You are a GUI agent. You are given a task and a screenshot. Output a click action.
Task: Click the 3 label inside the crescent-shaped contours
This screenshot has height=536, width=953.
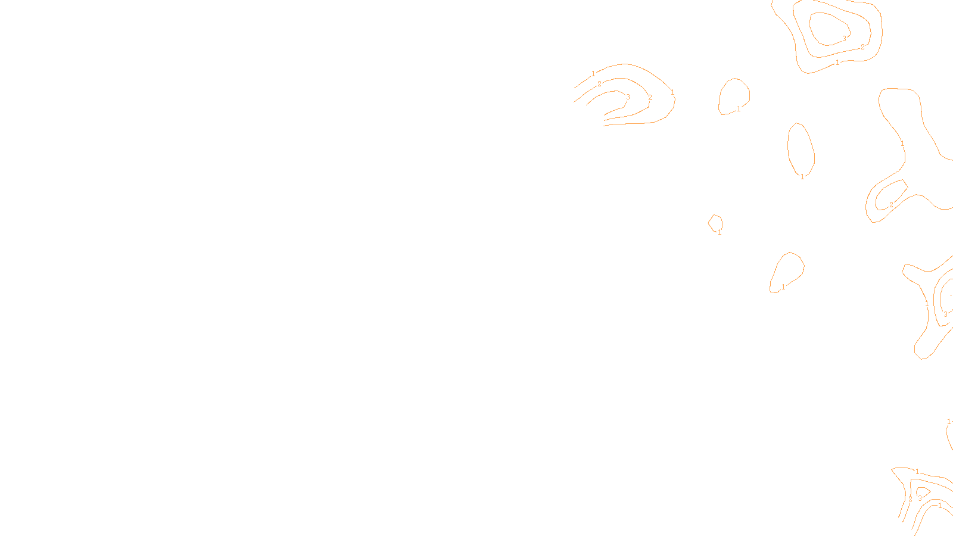[628, 97]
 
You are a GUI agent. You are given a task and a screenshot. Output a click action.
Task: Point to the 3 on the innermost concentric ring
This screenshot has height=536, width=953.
[844, 38]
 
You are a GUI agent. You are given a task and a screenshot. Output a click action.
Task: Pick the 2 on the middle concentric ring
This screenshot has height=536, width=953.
[862, 47]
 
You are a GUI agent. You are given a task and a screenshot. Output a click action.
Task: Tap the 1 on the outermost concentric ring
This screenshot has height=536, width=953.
[837, 63]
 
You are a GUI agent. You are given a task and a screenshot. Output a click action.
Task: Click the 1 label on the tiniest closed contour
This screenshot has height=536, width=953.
[720, 232]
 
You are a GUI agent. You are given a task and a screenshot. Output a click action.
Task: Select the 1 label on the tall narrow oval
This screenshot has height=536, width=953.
[802, 176]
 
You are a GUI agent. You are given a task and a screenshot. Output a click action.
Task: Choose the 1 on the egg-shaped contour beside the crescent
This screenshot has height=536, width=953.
[739, 109]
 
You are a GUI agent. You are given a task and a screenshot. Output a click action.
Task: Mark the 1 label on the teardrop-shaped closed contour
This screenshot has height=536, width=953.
[783, 286]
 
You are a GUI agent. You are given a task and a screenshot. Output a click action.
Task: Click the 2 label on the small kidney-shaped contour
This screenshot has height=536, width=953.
[891, 205]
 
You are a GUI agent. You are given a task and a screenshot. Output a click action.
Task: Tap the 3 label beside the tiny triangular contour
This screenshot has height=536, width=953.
[920, 498]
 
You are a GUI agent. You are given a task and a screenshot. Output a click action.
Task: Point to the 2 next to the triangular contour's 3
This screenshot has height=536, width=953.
[910, 498]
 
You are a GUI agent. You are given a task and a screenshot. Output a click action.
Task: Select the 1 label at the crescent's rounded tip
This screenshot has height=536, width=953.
[672, 92]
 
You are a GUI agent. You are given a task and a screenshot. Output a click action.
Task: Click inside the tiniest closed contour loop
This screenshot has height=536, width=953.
[715, 223]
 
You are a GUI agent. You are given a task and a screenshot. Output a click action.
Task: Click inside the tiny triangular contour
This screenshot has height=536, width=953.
[921, 491]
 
